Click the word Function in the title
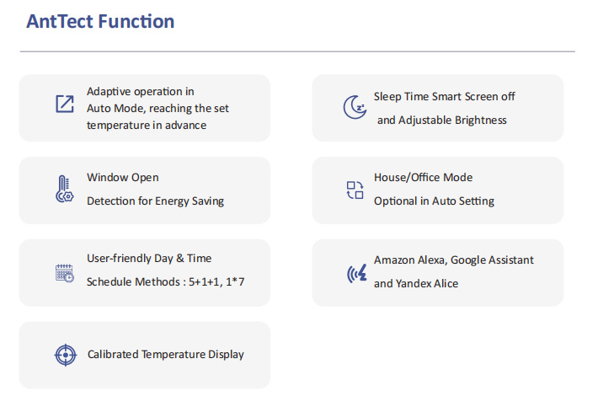pyautogui.click(x=136, y=21)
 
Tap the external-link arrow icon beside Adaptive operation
pyautogui.click(x=65, y=104)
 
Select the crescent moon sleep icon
pyautogui.click(x=355, y=107)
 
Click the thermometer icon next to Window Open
pyautogui.click(x=65, y=189)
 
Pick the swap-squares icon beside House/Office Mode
pyautogui.click(x=355, y=190)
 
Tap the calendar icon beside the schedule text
pyautogui.click(x=65, y=273)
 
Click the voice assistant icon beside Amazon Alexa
pyautogui.click(x=357, y=274)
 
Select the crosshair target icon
pyautogui.click(x=66, y=355)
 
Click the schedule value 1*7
pyautogui.click(x=235, y=281)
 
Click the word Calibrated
pyautogui.click(x=113, y=355)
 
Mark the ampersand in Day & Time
pyautogui.click(x=180, y=259)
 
